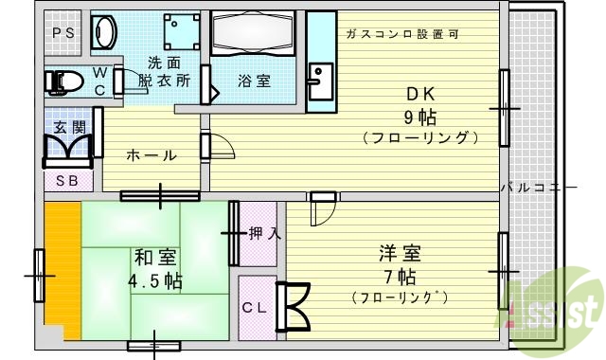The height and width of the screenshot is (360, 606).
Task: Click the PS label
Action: click(x=63, y=33)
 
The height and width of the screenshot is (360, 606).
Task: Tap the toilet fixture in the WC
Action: click(x=66, y=82)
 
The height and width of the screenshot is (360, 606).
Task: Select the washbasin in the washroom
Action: click(x=102, y=33)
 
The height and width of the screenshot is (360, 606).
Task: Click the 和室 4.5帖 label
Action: click(x=156, y=268)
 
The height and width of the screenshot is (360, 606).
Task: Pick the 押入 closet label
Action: click(x=261, y=232)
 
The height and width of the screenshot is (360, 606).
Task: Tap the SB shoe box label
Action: click(x=67, y=180)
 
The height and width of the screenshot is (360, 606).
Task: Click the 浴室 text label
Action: click(x=254, y=81)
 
